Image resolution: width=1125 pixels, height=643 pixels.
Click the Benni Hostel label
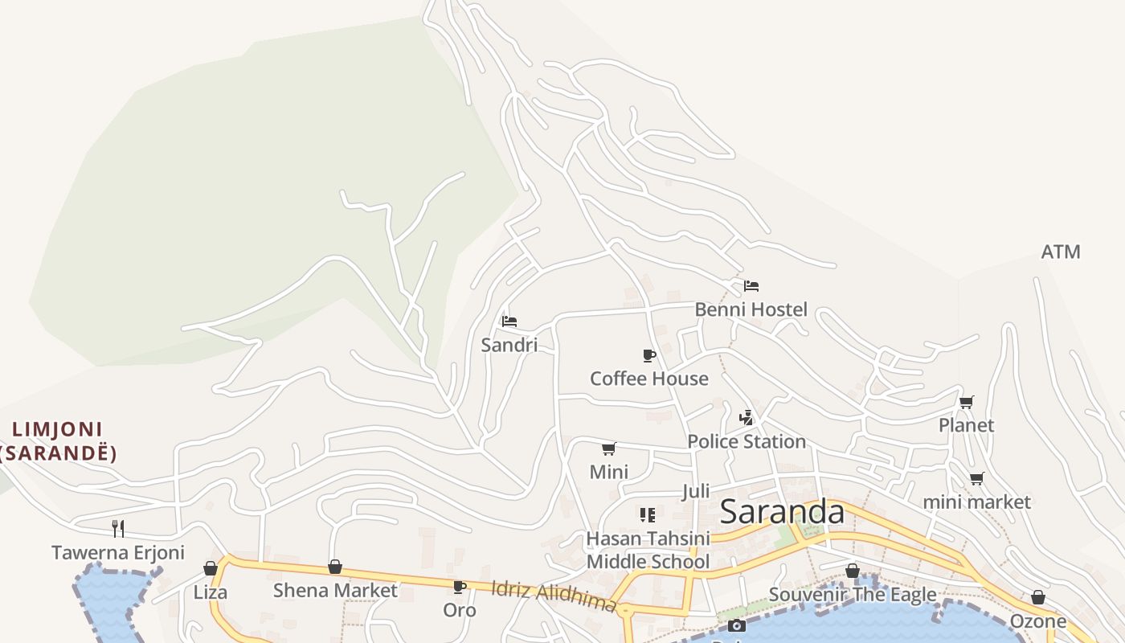pyautogui.click(x=751, y=309)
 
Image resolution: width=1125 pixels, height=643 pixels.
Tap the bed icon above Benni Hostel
pyautogui.click(x=751, y=285)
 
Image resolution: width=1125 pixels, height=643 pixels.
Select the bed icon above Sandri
pyautogui.click(x=509, y=321)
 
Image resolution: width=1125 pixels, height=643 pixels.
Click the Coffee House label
pyautogui.click(x=649, y=379)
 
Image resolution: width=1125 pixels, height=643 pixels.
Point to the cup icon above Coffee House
pyautogui.click(x=649, y=355)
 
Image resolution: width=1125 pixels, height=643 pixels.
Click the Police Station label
pyautogui.click(x=747, y=441)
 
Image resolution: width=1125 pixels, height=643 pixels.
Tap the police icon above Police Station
pyautogui.click(x=747, y=418)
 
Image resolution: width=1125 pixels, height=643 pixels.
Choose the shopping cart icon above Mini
pyautogui.click(x=609, y=448)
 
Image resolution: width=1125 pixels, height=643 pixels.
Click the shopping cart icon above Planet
pyautogui.click(x=967, y=402)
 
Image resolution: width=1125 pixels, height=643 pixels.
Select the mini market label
pyautogui.click(x=976, y=502)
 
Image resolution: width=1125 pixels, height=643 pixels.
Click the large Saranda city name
pyautogui.click(x=782, y=512)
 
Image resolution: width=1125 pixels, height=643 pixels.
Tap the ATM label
pyautogui.click(x=1061, y=252)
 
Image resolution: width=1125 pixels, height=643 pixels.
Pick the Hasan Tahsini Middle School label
pyautogui.click(x=648, y=550)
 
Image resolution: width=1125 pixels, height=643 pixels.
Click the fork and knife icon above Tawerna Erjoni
pyautogui.click(x=118, y=528)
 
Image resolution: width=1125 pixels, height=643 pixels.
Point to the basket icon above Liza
pyautogui.click(x=211, y=569)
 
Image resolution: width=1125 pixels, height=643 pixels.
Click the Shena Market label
pyautogui.click(x=335, y=591)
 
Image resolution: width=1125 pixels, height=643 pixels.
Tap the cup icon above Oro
pyautogui.click(x=460, y=588)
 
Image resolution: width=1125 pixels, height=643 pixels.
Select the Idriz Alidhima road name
pyautogui.click(x=554, y=596)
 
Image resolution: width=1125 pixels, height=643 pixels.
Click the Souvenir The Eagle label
pyautogui.click(x=853, y=595)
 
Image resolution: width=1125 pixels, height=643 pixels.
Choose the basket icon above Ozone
pyautogui.click(x=1038, y=598)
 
